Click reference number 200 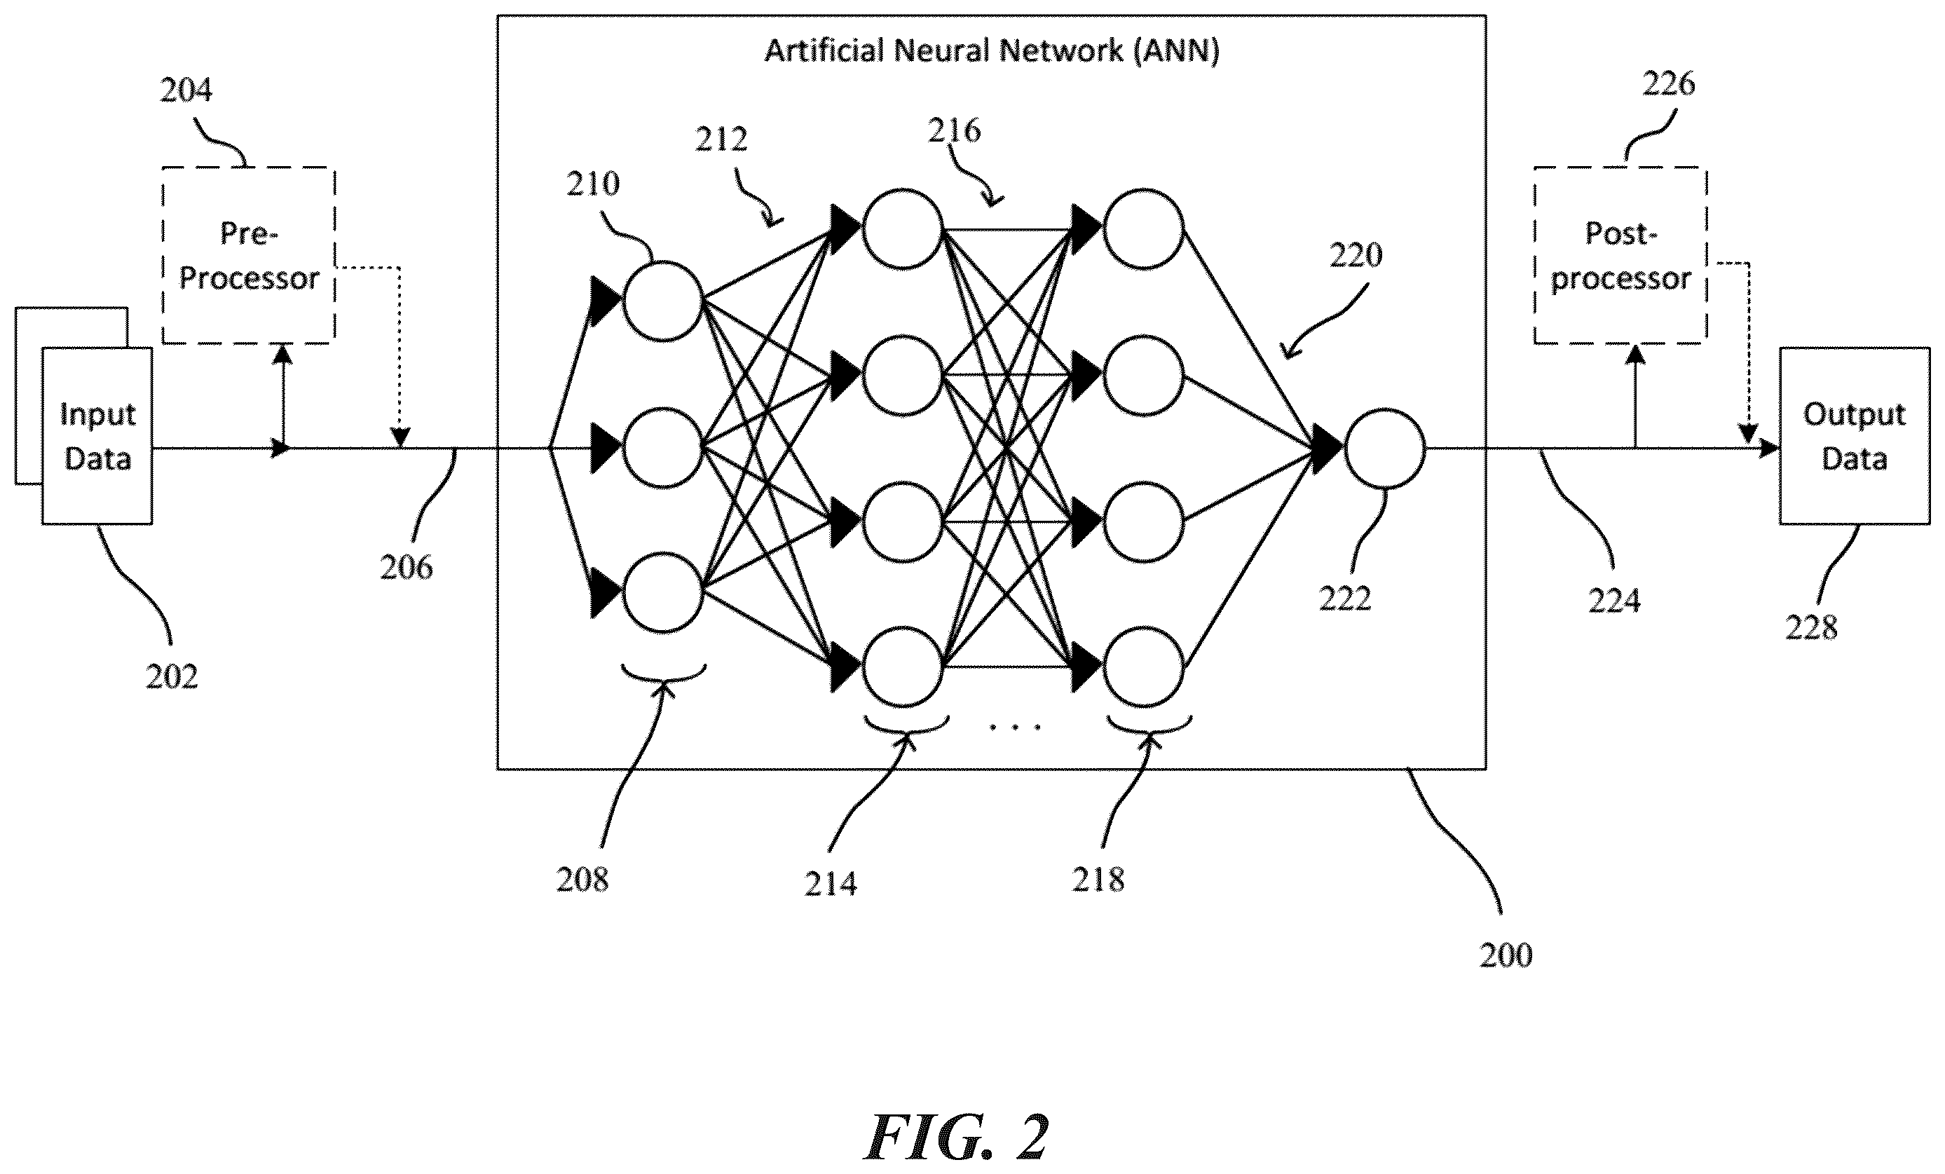pyautogui.click(x=1506, y=955)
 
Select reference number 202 pyautogui.click(x=171, y=676)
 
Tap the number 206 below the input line pyautogui.click(x=407, y=568)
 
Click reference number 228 pyautogui.click(x=1812, y=628)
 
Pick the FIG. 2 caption pyautogui.click(x=957, y=1137)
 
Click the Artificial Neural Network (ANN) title pyautogui.click(x=992, y=50)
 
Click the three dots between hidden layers pyautogui.click(x=1015, y=726)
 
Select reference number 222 pyautogui.click(x=1345, y=599)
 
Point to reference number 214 pyautogui.click(x=831, y=883)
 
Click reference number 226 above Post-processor pyautogui.click(x=1669, y=83)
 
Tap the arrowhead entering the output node pyautogui.click(x=1327, y=449)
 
